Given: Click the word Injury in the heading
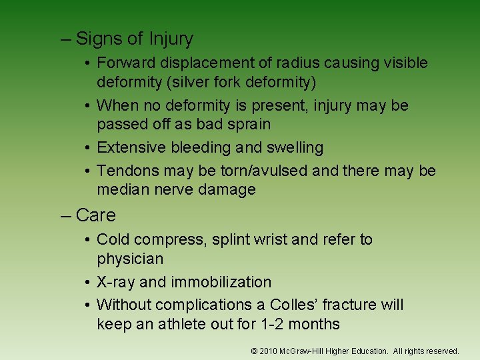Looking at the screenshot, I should (171, 39).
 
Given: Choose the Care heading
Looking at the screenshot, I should (95, 215).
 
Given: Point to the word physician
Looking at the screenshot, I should (130, 259).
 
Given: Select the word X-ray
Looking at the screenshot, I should (117, 282).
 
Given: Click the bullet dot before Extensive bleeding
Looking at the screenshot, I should (88, 148).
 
